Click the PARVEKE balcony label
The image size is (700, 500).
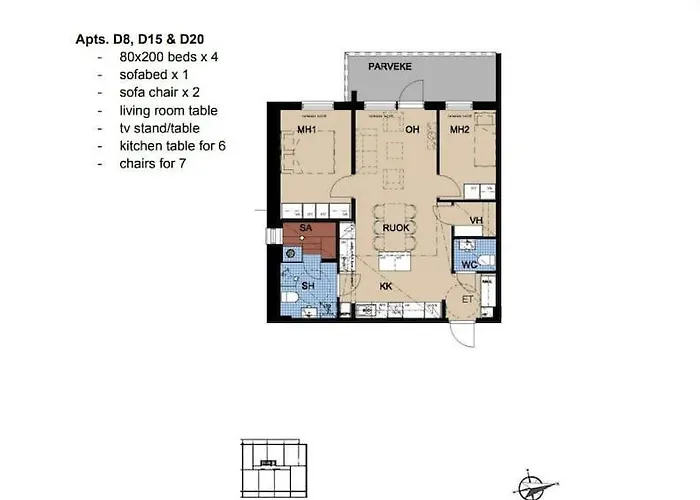coord(384,67)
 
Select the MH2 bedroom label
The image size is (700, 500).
coord(460,129)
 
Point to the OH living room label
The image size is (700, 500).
coord(411,129)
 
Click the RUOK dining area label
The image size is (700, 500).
coord(398,228)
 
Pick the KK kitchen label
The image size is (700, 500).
coord(385,286)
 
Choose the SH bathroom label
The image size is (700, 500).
coord(309,286)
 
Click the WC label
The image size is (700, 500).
coord(468,265)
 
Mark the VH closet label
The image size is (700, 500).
coord(477,220)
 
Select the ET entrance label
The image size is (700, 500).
coord(466,298)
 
